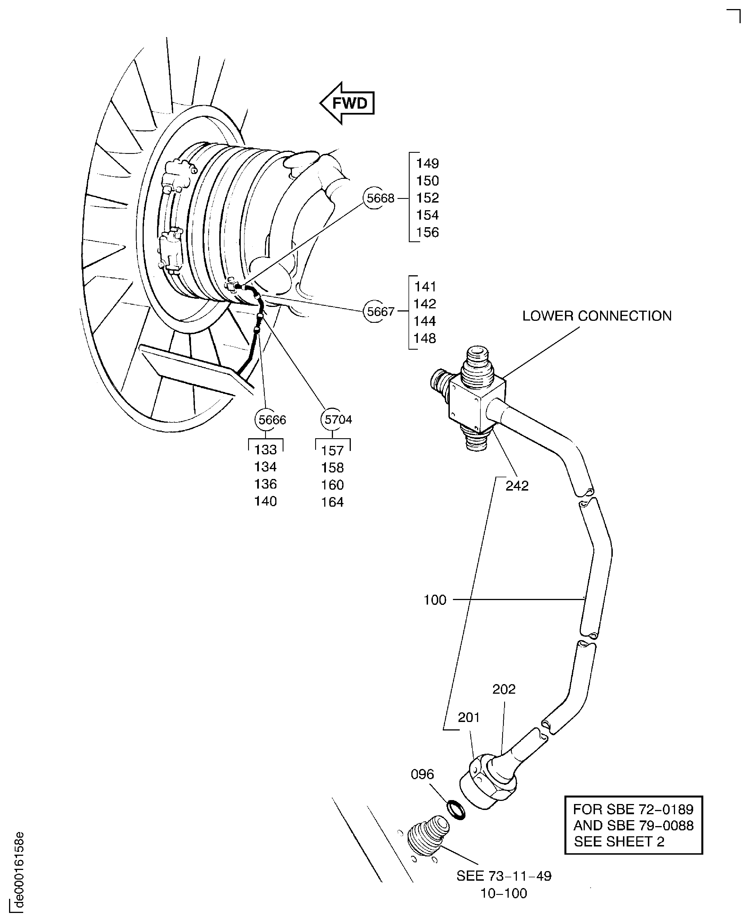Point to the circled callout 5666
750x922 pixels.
click(x=266, y=420)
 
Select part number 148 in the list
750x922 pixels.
click(x=424, y=338)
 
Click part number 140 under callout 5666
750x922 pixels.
click(x=265, y=501)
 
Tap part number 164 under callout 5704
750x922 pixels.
click(x=332, y=502)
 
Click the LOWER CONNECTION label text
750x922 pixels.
click(x=597, y=316)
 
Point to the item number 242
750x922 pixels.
click(x=517, y=486)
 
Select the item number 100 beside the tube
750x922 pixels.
click(x=435, y=600)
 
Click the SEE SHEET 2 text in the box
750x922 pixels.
click(x=619, y=842)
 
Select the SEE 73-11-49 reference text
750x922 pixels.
click(x=504, y=876)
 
